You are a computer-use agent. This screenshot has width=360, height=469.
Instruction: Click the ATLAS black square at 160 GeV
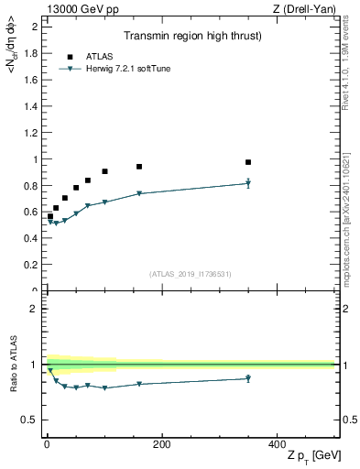[139, 167]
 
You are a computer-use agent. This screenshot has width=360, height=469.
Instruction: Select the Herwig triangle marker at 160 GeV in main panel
[139, 193]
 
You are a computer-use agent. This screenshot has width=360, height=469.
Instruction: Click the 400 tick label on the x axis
[277, 444]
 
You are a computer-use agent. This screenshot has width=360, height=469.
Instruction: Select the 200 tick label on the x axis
[161, 444]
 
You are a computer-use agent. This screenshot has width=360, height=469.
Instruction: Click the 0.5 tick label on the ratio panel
[29, 420]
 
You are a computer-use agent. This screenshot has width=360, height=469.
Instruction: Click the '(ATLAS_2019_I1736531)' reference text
[190, 273]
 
